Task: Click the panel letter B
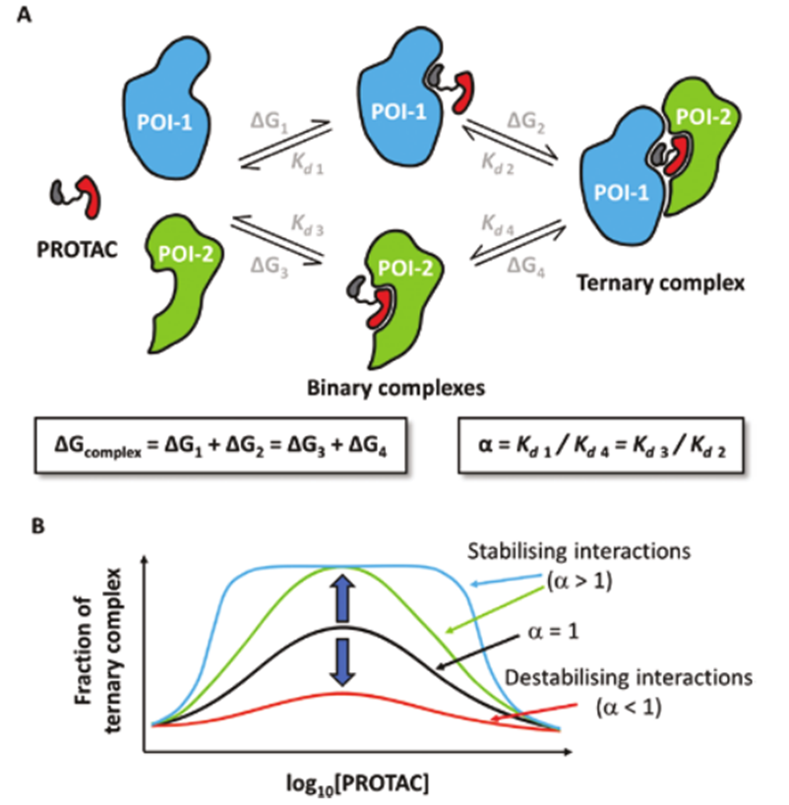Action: coord(40,526)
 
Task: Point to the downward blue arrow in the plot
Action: coord(342,662)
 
